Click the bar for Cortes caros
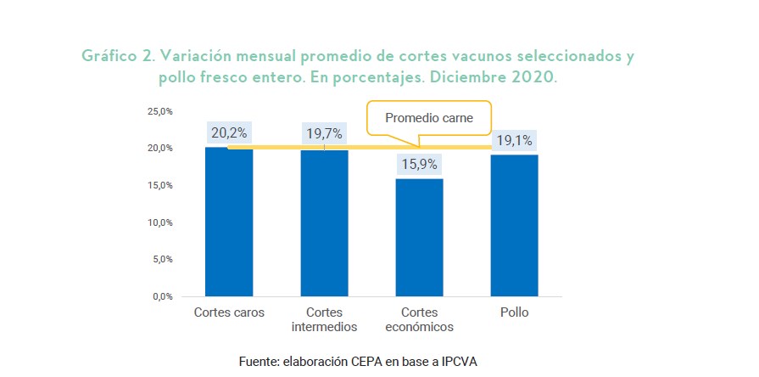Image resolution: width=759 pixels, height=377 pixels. click(x=229, y=222)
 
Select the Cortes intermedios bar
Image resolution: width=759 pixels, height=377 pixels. click(x=324, y=223)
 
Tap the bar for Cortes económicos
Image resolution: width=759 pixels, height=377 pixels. click(x=419, y=238)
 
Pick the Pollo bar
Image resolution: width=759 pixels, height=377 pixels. click(x=514, y=225)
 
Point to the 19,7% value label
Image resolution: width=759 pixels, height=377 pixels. click(x=324, y=132)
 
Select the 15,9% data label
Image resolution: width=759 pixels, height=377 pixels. click(x=419, y=164)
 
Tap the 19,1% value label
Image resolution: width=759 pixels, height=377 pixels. click(x=514, y=141)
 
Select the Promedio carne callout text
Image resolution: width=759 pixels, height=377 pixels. click(x=429, y=118)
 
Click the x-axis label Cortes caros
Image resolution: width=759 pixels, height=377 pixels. click(x=230, y=312)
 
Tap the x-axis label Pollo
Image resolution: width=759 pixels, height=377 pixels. click(x=515, y=312)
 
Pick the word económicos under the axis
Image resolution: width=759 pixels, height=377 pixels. click(x=419, y=327)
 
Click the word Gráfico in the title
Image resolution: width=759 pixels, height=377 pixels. click(x=109, y=57)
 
